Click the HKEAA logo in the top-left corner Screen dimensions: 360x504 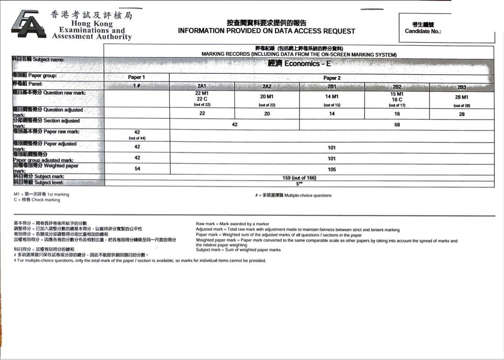coord(28,24)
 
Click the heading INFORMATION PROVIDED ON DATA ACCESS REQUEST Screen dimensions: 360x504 coord(266,31)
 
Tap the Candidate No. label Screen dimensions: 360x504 coord(423,32)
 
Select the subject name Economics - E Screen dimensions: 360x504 coord(299,64)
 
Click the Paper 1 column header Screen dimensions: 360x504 coord(136,78)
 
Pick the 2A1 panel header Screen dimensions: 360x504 coord(202,86)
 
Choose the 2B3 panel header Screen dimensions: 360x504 coord(461,87)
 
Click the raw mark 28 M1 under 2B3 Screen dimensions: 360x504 coord(461,97)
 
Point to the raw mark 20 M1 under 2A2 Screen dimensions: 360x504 coord(266,97)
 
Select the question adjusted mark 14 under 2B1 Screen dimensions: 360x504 coord(332,114)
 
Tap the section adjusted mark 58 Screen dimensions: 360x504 coord(397,125)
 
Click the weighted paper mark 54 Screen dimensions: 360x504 coord(137,169)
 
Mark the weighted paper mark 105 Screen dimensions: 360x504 coord(332,169)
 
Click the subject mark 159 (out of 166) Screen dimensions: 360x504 coord(299,177)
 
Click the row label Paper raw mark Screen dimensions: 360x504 coord(46,132)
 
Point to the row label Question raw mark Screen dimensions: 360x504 coord(49,93)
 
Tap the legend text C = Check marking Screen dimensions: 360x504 coord(37,200)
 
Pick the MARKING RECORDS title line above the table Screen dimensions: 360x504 coord(299,55)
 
